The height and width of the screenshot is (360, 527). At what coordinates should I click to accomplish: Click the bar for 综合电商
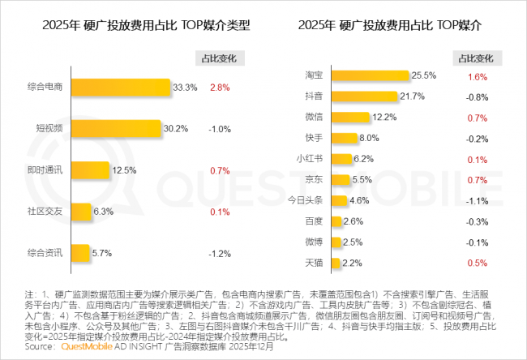(120, 87)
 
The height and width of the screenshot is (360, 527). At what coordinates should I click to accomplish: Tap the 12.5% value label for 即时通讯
(125, 169)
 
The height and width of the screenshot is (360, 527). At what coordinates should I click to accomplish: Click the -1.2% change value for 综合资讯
(221, 252)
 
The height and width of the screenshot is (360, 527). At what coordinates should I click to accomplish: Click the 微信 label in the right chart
(315, 118)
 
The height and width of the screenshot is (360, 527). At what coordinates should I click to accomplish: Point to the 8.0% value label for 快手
(370, 138)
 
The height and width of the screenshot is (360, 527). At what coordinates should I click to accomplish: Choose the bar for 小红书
(341, 159)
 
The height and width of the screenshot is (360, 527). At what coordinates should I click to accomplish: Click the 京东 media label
(315, 179)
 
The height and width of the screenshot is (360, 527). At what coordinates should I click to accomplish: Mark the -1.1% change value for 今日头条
(477, 199)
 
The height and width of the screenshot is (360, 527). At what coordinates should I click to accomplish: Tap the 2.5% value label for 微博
(353, 242)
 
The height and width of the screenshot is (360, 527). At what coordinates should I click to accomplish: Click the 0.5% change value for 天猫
(478, 262)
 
